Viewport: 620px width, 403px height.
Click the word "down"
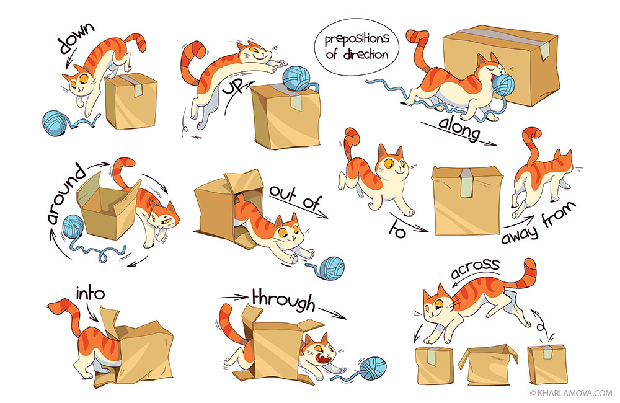click(77, 38)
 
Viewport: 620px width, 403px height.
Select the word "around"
click(65, 194)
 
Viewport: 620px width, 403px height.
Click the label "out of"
click(295, 197)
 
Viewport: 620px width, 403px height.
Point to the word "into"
click(90, 293)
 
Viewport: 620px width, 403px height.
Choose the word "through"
click(283, 301)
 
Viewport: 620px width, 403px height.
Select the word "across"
click(475, 268)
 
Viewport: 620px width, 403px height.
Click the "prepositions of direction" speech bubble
click(356, 46)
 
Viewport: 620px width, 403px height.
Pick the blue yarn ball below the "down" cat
click(55, 123)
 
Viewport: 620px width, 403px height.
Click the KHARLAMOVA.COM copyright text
click(572, 393)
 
